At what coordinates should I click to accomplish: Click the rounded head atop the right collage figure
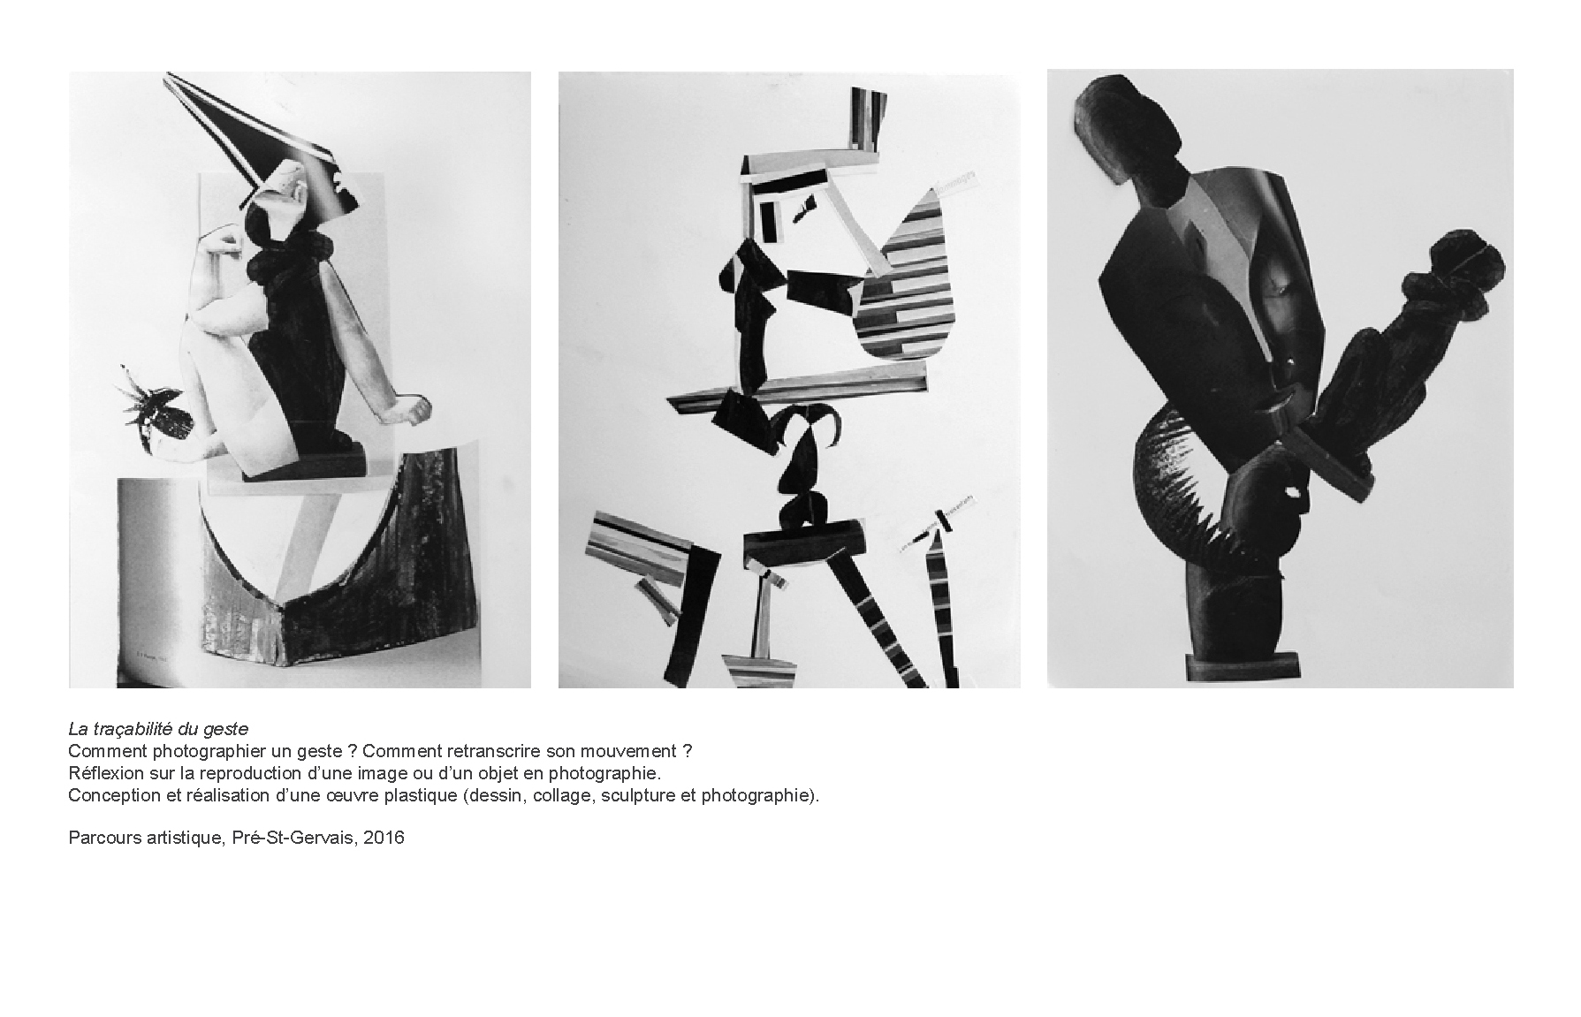(1127, 124)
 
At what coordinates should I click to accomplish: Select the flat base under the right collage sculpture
(1242, 664)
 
